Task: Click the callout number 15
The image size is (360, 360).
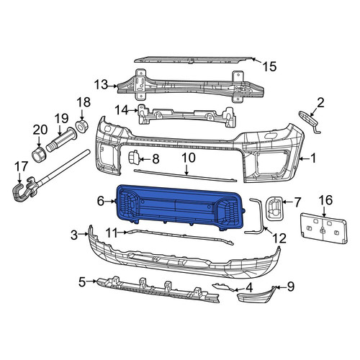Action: click(x=270, y=66)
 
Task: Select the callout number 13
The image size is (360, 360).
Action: click(x=101, y=85)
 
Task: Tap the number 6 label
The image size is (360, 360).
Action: click(x=101, y=201)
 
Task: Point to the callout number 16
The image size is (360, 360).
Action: click(x=325, y=200)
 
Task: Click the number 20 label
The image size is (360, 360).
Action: click(x=40, y=130)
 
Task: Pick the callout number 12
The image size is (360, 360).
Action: click(x=279, y=238)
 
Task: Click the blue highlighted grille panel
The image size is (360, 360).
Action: click(x=180, y=207)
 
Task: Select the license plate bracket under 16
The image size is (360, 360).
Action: click(x=324, y=228)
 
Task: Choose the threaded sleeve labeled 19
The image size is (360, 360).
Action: click(x=61, y=140)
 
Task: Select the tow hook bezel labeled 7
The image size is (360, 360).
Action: click(x=274, y=208)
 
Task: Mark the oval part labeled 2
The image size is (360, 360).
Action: click(x=310, y=120)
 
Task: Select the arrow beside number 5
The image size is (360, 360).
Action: click(x=92, y=281)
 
